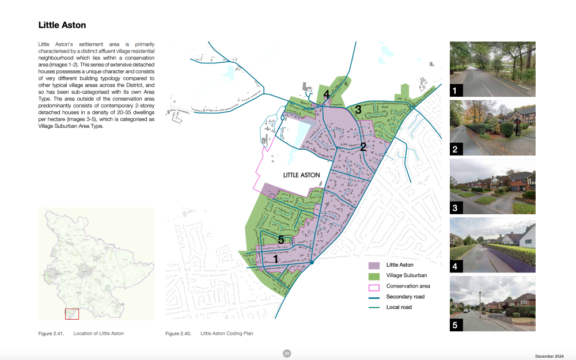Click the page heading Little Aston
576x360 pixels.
[x=62, y=25]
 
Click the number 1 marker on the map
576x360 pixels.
[x=276, y=259]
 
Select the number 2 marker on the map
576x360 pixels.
[x=363, y=147]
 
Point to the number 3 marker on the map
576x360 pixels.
[x=358, y=109]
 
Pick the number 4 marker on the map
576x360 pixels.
[x=327, y=94]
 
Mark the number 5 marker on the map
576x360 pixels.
[x=281, y=240]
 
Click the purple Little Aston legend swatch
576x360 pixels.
[x=374, y=265]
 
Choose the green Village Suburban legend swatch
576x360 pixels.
[x=374, y=275]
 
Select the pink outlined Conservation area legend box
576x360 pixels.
[x=374, y=286]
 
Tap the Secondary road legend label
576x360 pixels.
[x=406, y=297]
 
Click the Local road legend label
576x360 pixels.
[x=399, y=307]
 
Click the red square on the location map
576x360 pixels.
[x=71, y=314]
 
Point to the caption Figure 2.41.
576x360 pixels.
[x=51, y=334]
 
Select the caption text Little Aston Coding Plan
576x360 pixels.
[x=226, y=334]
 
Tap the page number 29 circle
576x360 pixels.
[x=287, y=353]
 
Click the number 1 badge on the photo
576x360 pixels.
[x=455, y=90]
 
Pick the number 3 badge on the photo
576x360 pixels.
[x=455, y=208]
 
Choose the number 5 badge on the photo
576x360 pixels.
[x=455, y=325]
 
